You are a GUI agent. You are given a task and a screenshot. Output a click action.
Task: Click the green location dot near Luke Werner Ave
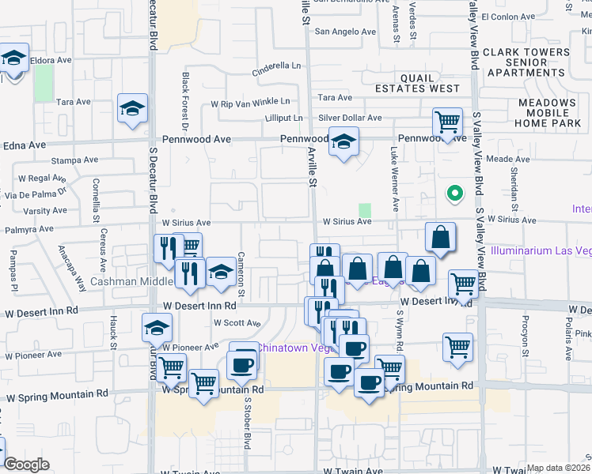(x=454, y=192)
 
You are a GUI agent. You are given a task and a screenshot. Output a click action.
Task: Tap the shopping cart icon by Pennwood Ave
(x=447, y=122)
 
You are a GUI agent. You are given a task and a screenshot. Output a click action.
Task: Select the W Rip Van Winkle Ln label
(x=249, y=102)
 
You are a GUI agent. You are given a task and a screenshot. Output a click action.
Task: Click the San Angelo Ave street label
(x=345, y=32)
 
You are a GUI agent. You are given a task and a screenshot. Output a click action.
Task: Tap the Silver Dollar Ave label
(x=350, y=118)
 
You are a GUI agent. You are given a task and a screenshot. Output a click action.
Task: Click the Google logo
(x=26, y=465)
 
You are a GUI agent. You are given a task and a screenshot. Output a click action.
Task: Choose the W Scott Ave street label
(x=237, y=323)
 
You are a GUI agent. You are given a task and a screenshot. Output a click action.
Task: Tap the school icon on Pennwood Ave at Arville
(x=343, y=141)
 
